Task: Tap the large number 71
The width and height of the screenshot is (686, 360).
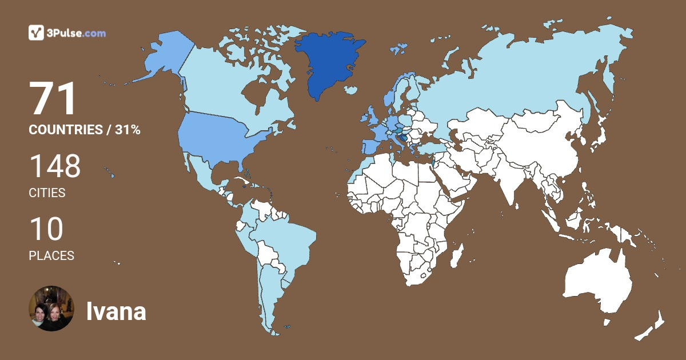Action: click(53, 99)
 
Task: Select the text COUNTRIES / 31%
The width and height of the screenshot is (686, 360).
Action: click(85, 130)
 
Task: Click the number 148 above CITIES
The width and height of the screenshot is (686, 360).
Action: click(55, 166)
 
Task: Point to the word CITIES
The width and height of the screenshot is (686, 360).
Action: click(47, 193)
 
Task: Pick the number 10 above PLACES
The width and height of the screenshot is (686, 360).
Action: click(46, 229)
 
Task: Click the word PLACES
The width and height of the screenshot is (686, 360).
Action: click(51, 256)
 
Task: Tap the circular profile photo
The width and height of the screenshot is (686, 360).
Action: click(51, 309)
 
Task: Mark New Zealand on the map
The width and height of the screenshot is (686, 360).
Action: click(652, 326)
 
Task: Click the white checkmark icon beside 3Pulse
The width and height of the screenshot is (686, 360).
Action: click(36, 33)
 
